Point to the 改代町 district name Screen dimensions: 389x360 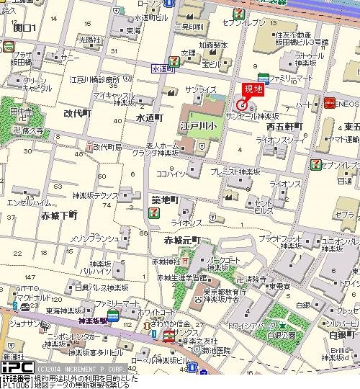click(78, 114)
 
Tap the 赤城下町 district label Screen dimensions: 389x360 click(60, 215)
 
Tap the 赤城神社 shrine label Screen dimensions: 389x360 click(165, 260)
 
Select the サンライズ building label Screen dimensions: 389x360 click(201, 89)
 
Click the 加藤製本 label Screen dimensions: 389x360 click(214, 44)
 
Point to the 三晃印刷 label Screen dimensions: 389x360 click(188, 27)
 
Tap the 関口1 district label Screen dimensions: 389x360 click(24, 27)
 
